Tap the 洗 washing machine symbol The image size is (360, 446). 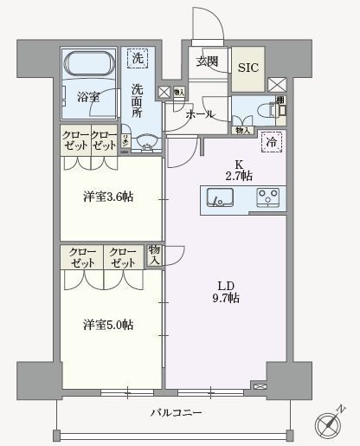pyautogui.click(x=136, y=59)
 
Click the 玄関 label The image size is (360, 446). pyautogui.click(x=207, y=62)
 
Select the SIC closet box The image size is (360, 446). pyautogui.click(x=247, y=67)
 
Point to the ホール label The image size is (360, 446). pyautogui.click(x=202, y=113)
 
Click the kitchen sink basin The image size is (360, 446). pyautogui.click(x=220, y=199)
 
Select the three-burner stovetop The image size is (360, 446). pyautogui.click(x=269, y=198)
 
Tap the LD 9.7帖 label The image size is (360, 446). pyautogui.click(x=228, y=292)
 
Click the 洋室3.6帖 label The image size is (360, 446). pyautogui.click(x=110, y=197)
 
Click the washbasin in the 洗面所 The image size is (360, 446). pyautogui.click(x=145, y=142)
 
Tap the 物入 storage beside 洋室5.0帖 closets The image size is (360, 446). pyautogui.click(x=155, y=255)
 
